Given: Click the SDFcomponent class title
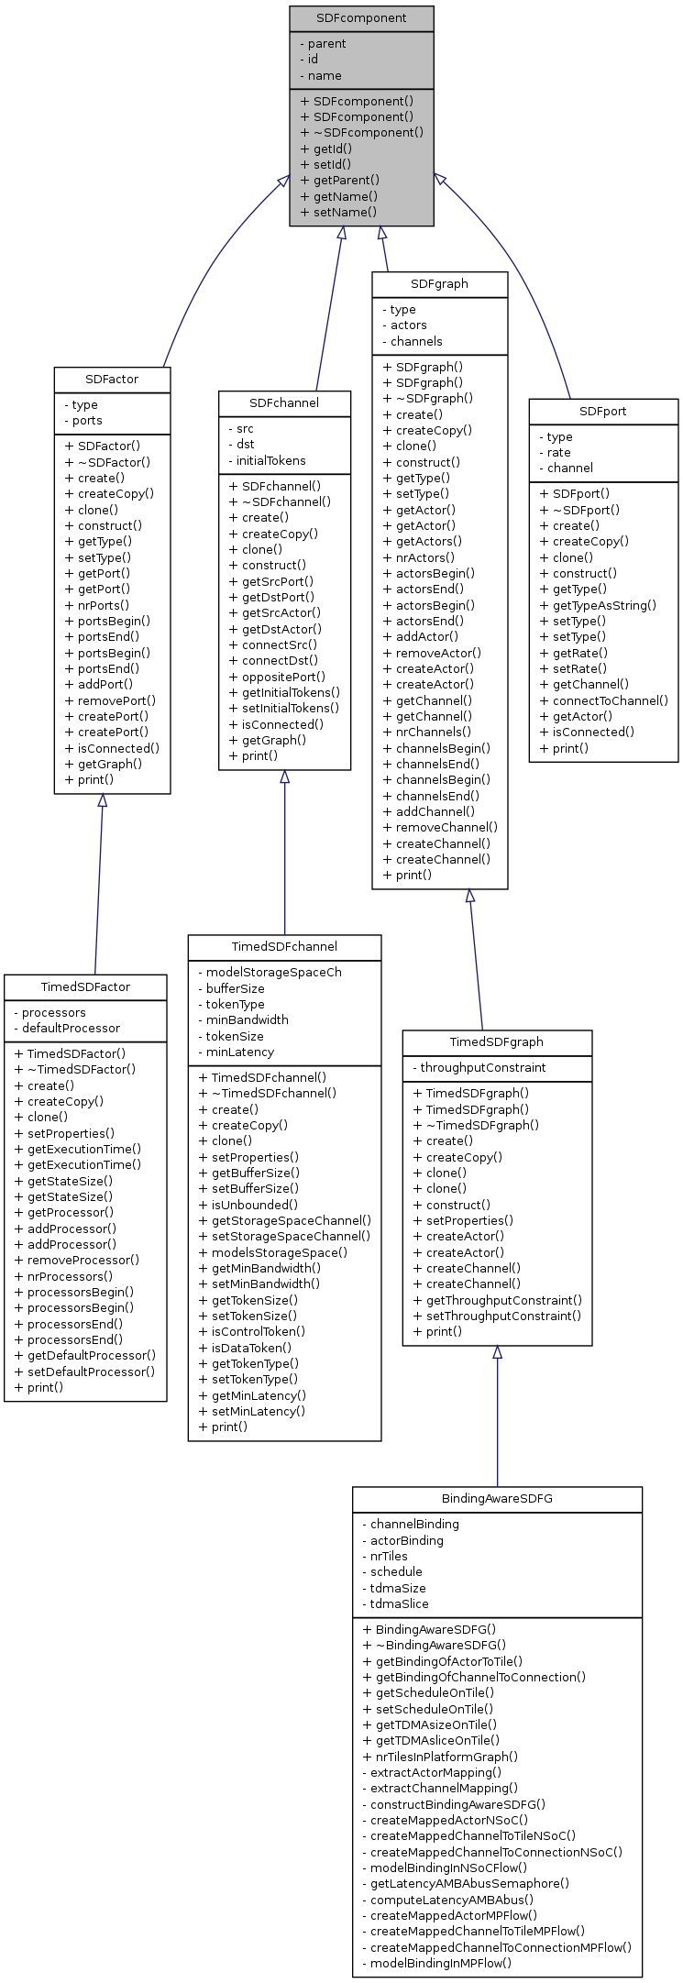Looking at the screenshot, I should click(361, 18).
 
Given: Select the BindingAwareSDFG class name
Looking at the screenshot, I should click(497, 1499).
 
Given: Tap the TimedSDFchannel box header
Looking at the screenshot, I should click(284, 946).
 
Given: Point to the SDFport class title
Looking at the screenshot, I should click(603, 411).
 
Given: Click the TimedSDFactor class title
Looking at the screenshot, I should click(85, 986).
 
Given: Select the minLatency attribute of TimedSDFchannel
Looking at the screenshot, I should click(239, 1052).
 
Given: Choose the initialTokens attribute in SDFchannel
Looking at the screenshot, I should click(270, 460).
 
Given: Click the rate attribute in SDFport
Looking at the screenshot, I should click(558, 452).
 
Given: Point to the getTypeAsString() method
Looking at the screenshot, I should click(604, 605).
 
